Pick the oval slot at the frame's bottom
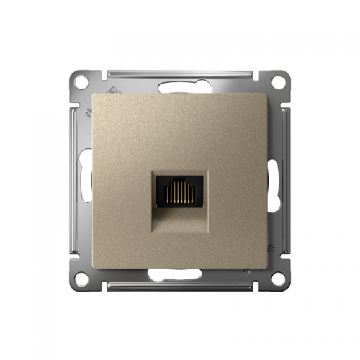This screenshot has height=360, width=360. (x=180, y=273)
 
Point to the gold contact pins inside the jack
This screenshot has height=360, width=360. (x=180, y=192)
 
